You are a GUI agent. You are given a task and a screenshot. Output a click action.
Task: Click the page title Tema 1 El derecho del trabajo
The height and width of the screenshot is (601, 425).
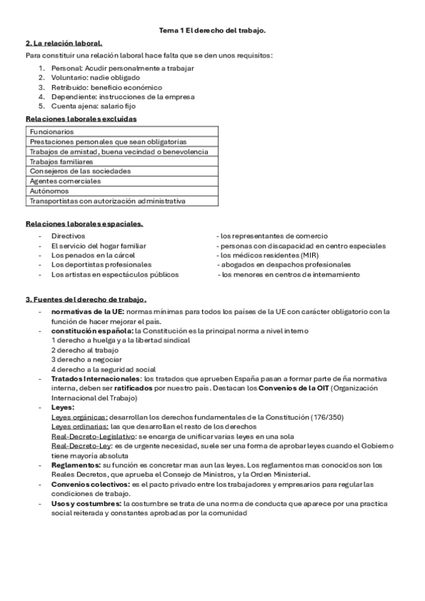tap(212, 30)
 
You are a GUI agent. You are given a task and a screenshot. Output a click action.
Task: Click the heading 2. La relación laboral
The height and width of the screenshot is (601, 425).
tap(64, 43)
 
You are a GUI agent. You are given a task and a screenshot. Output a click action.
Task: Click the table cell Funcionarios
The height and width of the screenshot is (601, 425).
tap(52, 132)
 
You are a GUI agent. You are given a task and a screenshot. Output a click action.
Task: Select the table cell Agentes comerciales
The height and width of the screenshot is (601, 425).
tap(62, 181)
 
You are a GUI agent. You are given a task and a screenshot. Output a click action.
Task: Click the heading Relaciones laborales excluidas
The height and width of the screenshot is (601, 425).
tap(82, 118)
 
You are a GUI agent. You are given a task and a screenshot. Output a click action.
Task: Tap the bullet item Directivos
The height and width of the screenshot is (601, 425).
tap(68, 235)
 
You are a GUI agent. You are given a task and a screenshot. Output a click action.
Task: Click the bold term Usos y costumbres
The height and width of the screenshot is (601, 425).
tap(86, 504)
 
